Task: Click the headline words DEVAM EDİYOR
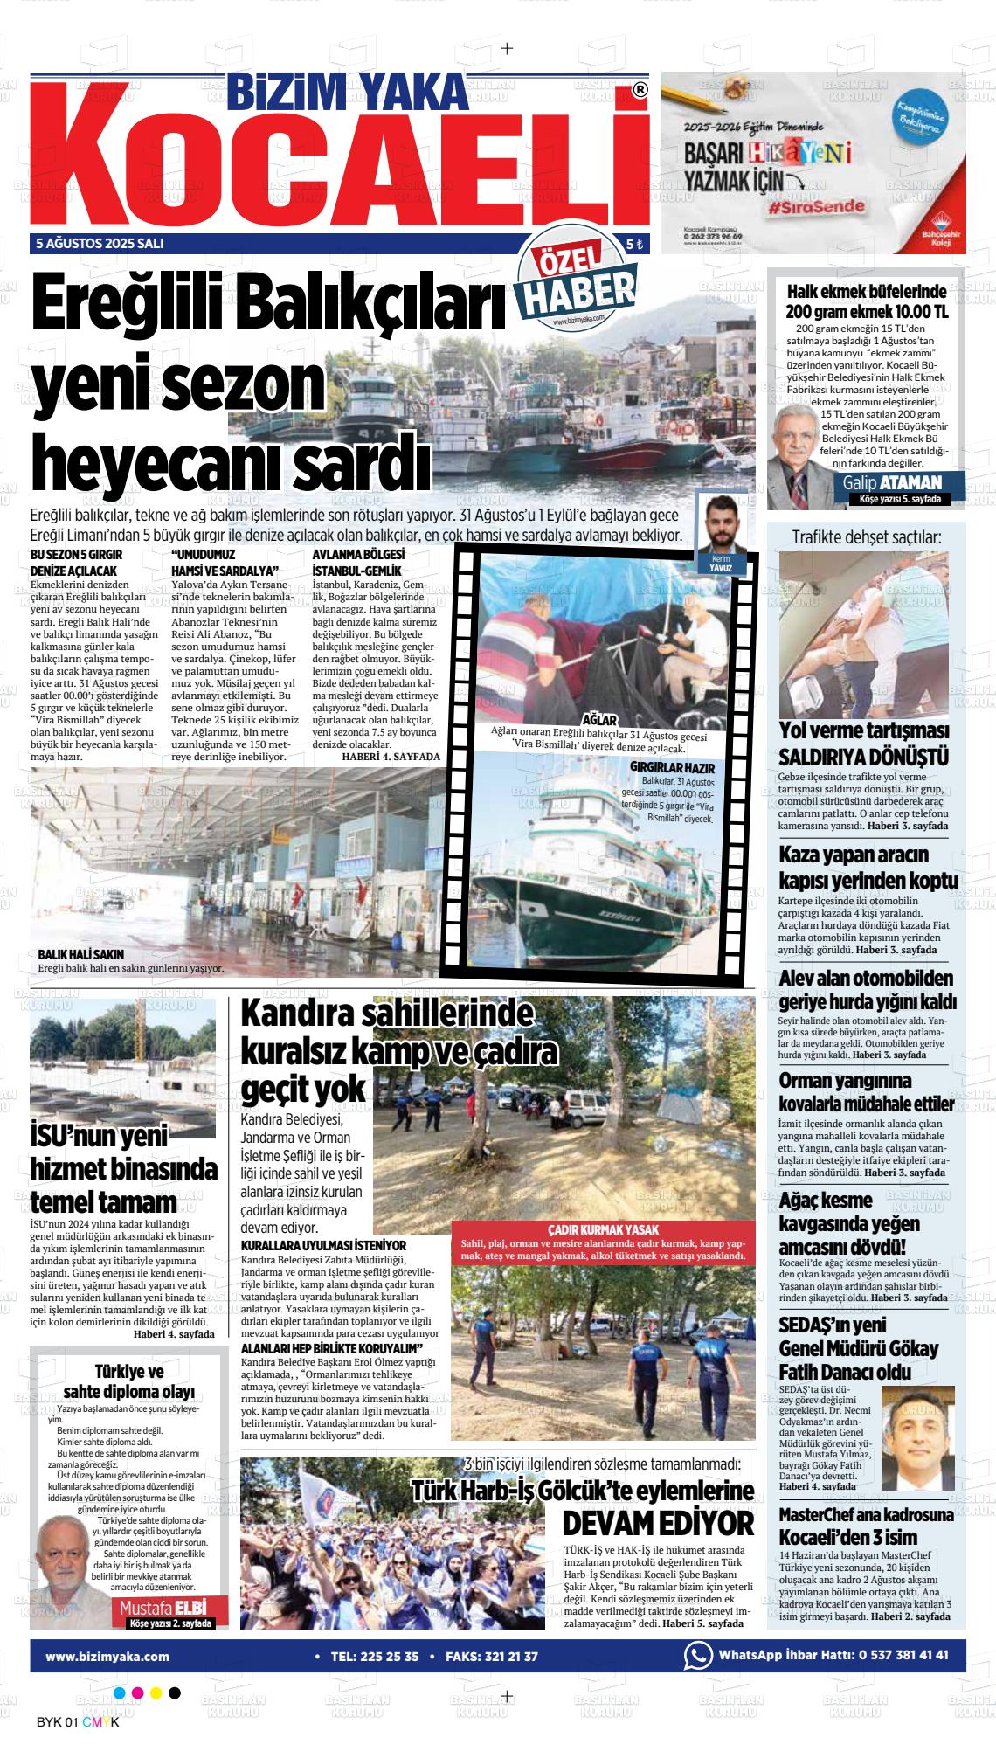pyautogui.click(x=657, y=1498)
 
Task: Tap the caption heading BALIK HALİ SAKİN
pyautogui.click(x=81, y=954)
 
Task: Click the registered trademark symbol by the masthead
pyautogui.click(x=640, y=90)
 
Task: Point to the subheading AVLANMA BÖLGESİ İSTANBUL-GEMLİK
pyautogui.click(x=357, y=563)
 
